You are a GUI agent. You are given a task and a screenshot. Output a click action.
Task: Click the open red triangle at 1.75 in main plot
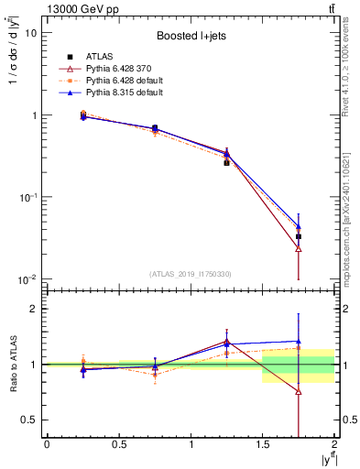pos(299,248)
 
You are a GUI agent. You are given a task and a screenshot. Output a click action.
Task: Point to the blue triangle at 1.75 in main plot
pos(299,225)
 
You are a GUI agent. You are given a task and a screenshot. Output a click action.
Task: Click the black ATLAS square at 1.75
pos(299,236)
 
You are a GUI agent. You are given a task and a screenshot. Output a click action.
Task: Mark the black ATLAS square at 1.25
pos(226,162)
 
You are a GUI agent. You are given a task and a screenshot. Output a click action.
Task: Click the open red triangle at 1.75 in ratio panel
pos(299,391)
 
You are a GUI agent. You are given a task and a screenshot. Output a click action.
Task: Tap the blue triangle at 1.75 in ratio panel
pos(299,341)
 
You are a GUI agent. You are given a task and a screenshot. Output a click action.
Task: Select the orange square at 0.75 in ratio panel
pos(155,374)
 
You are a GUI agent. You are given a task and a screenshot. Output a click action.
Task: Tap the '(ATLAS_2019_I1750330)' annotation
pos(190,273)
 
